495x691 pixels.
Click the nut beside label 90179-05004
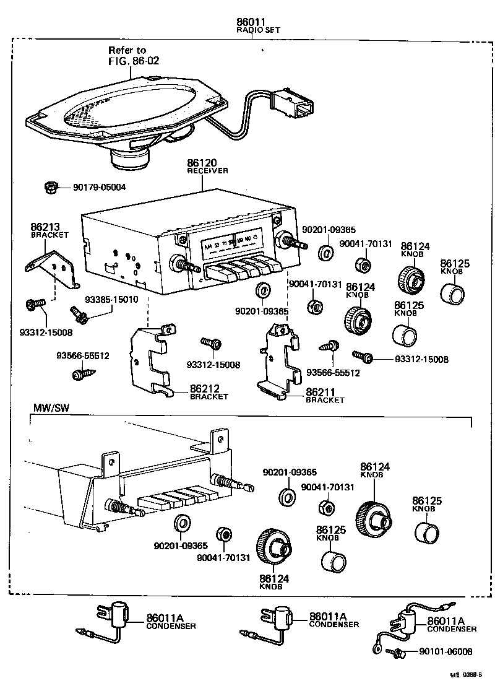[51, 187]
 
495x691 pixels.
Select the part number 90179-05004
[99, 188]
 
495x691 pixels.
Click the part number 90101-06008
[445, 652]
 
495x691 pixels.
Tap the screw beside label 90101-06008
[397, 652]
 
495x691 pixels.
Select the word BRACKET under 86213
[49, 235]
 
